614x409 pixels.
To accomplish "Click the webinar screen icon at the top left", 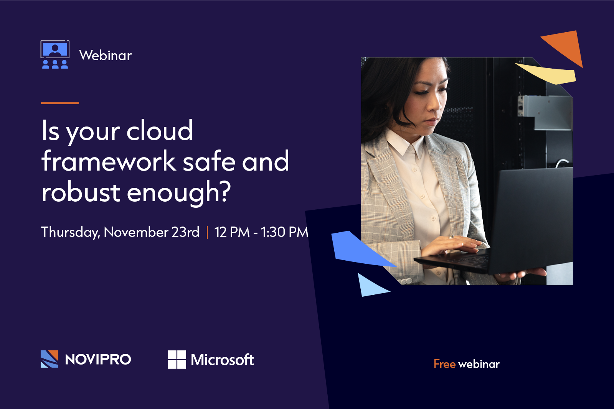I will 55,54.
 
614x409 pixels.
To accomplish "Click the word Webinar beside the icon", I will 105,56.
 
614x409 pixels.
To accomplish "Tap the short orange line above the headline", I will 60,103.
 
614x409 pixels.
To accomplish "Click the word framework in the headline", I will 108,161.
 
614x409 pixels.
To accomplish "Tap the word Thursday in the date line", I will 69,232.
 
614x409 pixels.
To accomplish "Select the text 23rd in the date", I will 185,232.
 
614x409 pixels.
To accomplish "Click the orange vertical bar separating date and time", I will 207,232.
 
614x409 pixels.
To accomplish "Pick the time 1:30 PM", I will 284,232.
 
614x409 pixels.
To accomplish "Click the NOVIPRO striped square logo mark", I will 50,359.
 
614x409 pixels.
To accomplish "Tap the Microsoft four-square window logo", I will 177,360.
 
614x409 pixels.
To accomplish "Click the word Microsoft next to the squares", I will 222,360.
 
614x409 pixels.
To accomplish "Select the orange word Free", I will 444,364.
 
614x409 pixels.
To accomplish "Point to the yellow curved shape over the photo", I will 549,74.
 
